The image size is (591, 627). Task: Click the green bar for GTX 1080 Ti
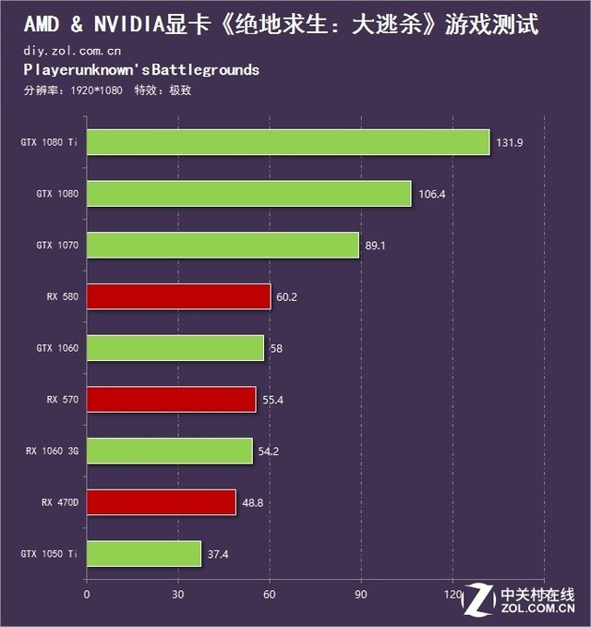coord(287,142)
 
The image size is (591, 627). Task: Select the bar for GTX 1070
coord(222,246)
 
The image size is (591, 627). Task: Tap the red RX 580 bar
coord(178,296)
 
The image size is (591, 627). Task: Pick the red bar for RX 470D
coord(161,502)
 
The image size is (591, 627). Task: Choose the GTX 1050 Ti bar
coord(143,554)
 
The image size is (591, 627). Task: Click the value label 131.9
coord(509,142)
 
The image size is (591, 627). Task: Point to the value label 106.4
coord(430,194)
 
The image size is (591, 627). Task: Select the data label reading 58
coord(275,348)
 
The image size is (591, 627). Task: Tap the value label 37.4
coord(219,554)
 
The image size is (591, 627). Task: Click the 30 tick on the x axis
coord(178,594)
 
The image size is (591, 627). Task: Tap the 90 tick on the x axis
coord(361,594)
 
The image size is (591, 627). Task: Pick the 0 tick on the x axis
coord(87,594)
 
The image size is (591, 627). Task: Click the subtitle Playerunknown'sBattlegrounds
coord(141,70)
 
